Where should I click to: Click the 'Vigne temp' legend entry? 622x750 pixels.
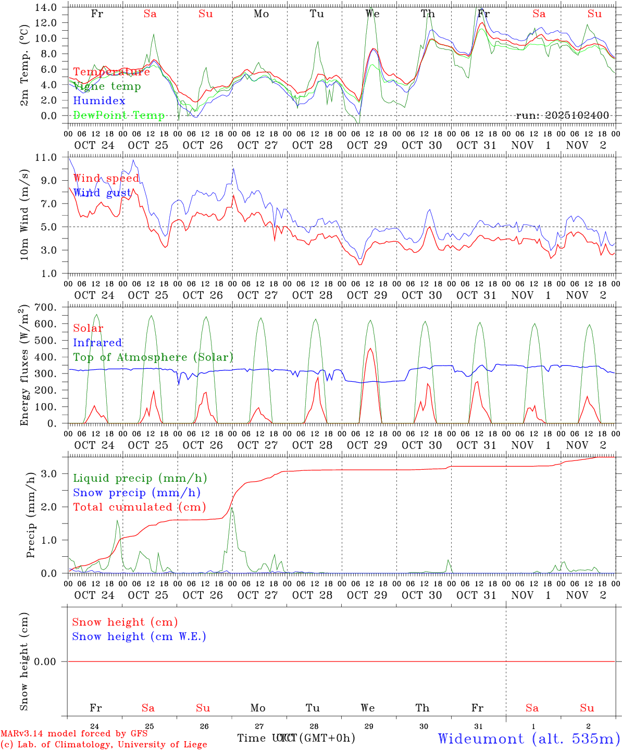click(107, 86)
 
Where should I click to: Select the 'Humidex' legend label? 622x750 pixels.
click(99, 101)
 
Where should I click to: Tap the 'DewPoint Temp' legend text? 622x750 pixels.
click(119, 116)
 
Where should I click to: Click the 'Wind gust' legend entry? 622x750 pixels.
click(102, 193)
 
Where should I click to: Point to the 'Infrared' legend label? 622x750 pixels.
click(97, 343)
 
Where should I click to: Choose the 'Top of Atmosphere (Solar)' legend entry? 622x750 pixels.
click(153, 357)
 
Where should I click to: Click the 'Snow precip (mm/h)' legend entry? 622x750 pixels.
click(136, 493)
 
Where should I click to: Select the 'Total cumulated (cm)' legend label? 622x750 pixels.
click(139, 507)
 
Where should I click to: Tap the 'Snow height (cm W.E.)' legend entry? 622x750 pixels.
click(139, 636)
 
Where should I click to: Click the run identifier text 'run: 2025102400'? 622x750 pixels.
click(562, 116)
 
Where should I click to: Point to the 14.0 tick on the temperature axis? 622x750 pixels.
click(47, 8)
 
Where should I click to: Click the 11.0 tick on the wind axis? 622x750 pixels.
click(47, 157)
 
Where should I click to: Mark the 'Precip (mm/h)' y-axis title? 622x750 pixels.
click(31, 515)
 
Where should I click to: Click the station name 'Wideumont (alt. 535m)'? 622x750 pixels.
click(528, 739)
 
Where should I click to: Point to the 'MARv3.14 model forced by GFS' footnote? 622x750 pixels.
click(74, 734)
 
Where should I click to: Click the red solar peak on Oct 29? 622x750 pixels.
click(370, 349)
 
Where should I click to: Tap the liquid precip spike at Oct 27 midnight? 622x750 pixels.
click(232, 508)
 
